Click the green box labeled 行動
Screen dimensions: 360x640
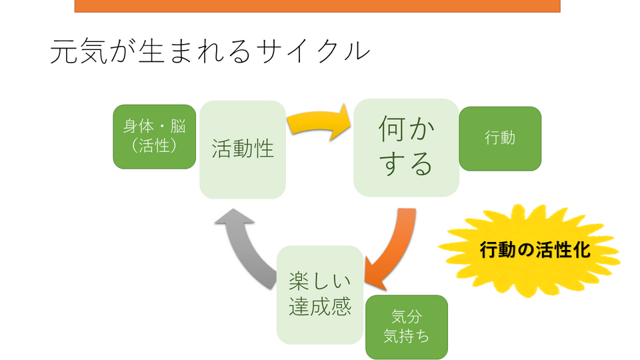point(500,139)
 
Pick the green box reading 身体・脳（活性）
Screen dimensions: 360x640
point(155,137)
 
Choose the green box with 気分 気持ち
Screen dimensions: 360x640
point(406,327)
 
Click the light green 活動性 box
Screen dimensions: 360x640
point(243,149)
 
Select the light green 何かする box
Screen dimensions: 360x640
point(405,147)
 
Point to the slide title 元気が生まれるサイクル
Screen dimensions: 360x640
point(209,51)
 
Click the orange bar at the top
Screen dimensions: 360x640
point(317,5)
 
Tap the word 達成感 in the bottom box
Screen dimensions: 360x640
point(320,306)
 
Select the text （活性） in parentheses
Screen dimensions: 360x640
point(155,145)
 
